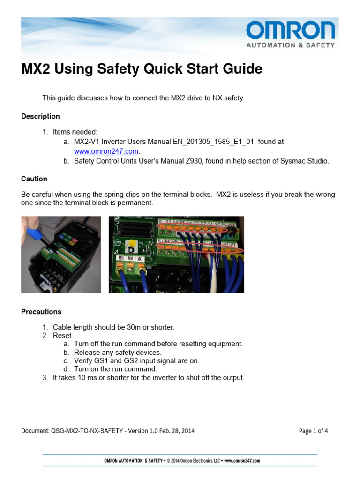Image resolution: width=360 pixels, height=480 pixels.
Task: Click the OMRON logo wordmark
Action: pos(291,31)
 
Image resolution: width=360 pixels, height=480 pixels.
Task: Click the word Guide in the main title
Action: pos(241,69)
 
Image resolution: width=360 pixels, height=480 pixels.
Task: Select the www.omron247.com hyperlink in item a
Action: pos(106,151)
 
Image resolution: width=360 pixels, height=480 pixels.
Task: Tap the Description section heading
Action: pos(40,116)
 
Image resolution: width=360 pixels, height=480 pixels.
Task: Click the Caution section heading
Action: pos(34,179)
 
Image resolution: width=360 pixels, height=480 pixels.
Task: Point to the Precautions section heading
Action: pos(41,311)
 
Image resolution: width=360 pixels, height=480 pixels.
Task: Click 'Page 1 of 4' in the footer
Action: pos(313,431)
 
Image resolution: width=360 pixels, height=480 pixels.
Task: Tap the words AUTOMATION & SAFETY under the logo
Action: pos(291,45)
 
